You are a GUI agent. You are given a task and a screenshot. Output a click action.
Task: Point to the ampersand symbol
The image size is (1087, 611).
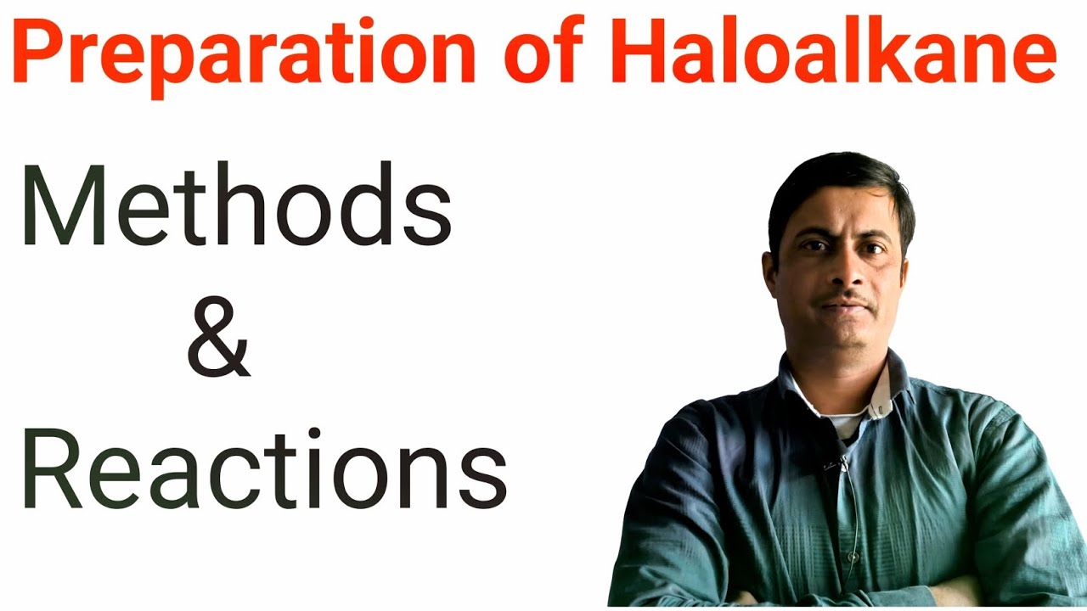coord(218,344)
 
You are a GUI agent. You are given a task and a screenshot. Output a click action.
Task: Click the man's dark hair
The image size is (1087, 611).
coord(836,182)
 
